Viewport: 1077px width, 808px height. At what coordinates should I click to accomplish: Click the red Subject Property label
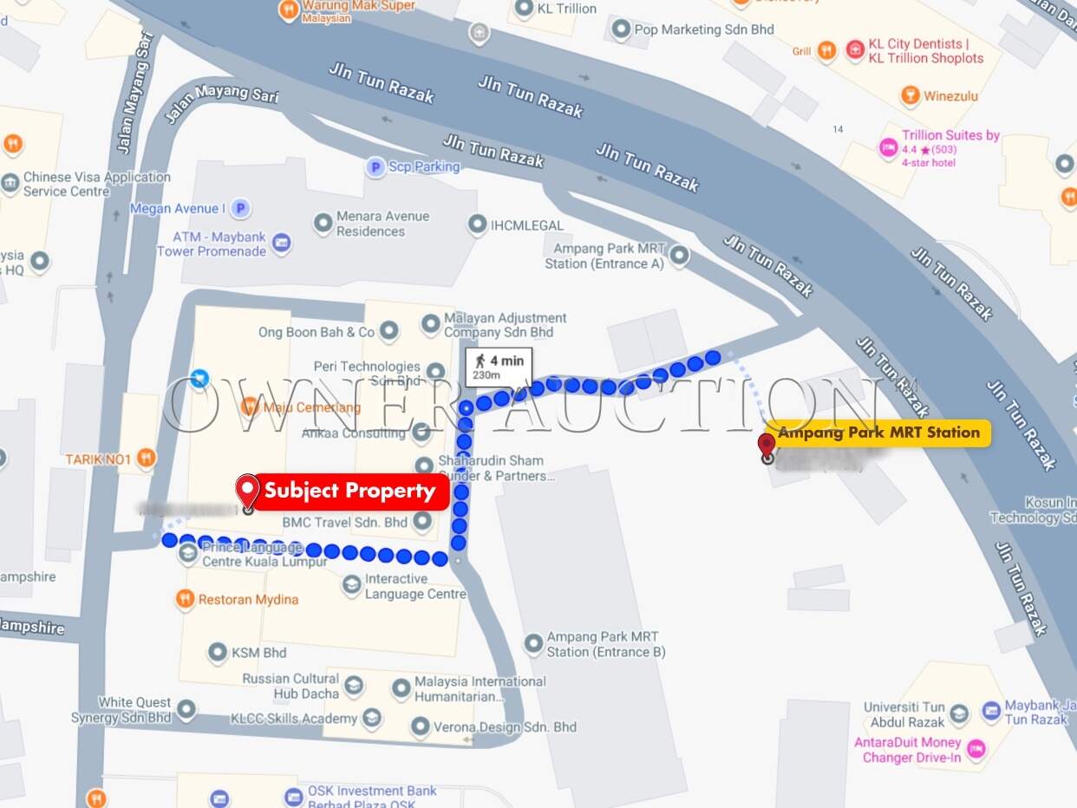click(349, 492)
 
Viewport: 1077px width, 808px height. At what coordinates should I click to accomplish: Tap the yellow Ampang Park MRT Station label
click(879, 433)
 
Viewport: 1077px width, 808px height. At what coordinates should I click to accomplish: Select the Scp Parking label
click(424, 166)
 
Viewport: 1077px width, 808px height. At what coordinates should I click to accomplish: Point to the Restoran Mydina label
click(248, 599)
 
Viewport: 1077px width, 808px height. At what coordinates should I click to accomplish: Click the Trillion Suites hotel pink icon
click(888, 148)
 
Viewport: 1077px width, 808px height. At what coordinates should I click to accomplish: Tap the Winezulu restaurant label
click(950, 95)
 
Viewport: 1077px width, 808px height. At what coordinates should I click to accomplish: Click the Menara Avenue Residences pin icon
click(323, 224)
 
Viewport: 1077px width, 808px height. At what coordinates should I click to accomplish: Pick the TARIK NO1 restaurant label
click(98, 459)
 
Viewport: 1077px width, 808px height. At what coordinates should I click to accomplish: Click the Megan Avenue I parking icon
click(241, 208)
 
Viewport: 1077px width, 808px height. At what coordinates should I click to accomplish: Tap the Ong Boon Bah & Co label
click(317, 332)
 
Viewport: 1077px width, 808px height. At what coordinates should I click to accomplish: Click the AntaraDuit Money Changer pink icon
click(976, 749)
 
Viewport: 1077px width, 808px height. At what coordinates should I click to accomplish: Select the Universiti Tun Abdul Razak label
click(904, 714)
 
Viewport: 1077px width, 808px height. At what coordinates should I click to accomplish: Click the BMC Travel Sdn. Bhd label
click(344, 522)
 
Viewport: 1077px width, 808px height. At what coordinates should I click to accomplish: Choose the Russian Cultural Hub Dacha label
click(290, 686)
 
